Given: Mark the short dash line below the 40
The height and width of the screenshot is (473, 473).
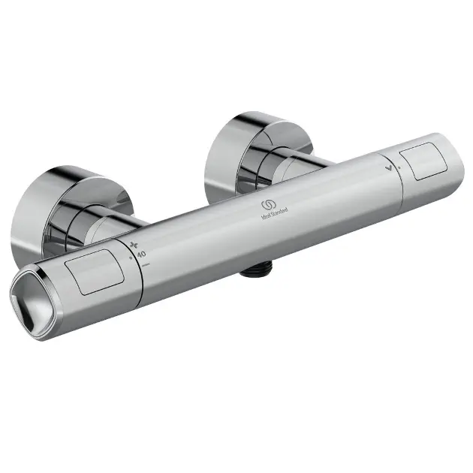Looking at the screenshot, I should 145,265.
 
